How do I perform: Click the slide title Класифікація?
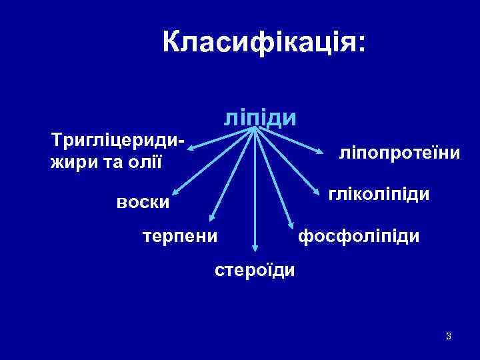pos(264,43)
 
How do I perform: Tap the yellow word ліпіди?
pos(260,117)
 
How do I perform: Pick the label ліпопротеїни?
pos(399,153)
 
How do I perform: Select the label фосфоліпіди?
pos(359,235)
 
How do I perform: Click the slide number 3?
pos(449,335)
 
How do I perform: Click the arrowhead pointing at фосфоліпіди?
pos(290,224)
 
